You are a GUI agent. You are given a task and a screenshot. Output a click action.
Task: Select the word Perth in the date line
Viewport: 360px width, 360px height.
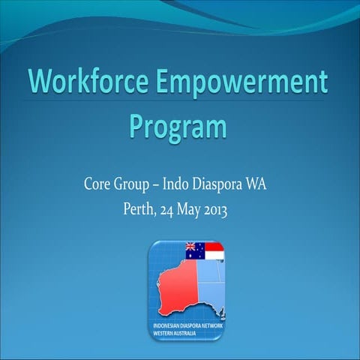(x=140, y=208)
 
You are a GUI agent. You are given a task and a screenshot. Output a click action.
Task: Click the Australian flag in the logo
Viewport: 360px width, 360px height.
(x=195, y=251)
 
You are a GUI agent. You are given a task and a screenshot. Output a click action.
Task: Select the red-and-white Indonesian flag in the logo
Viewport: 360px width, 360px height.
(x=214, y=251)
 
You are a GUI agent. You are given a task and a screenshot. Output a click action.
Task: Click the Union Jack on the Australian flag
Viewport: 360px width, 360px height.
(x=190, y=247)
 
